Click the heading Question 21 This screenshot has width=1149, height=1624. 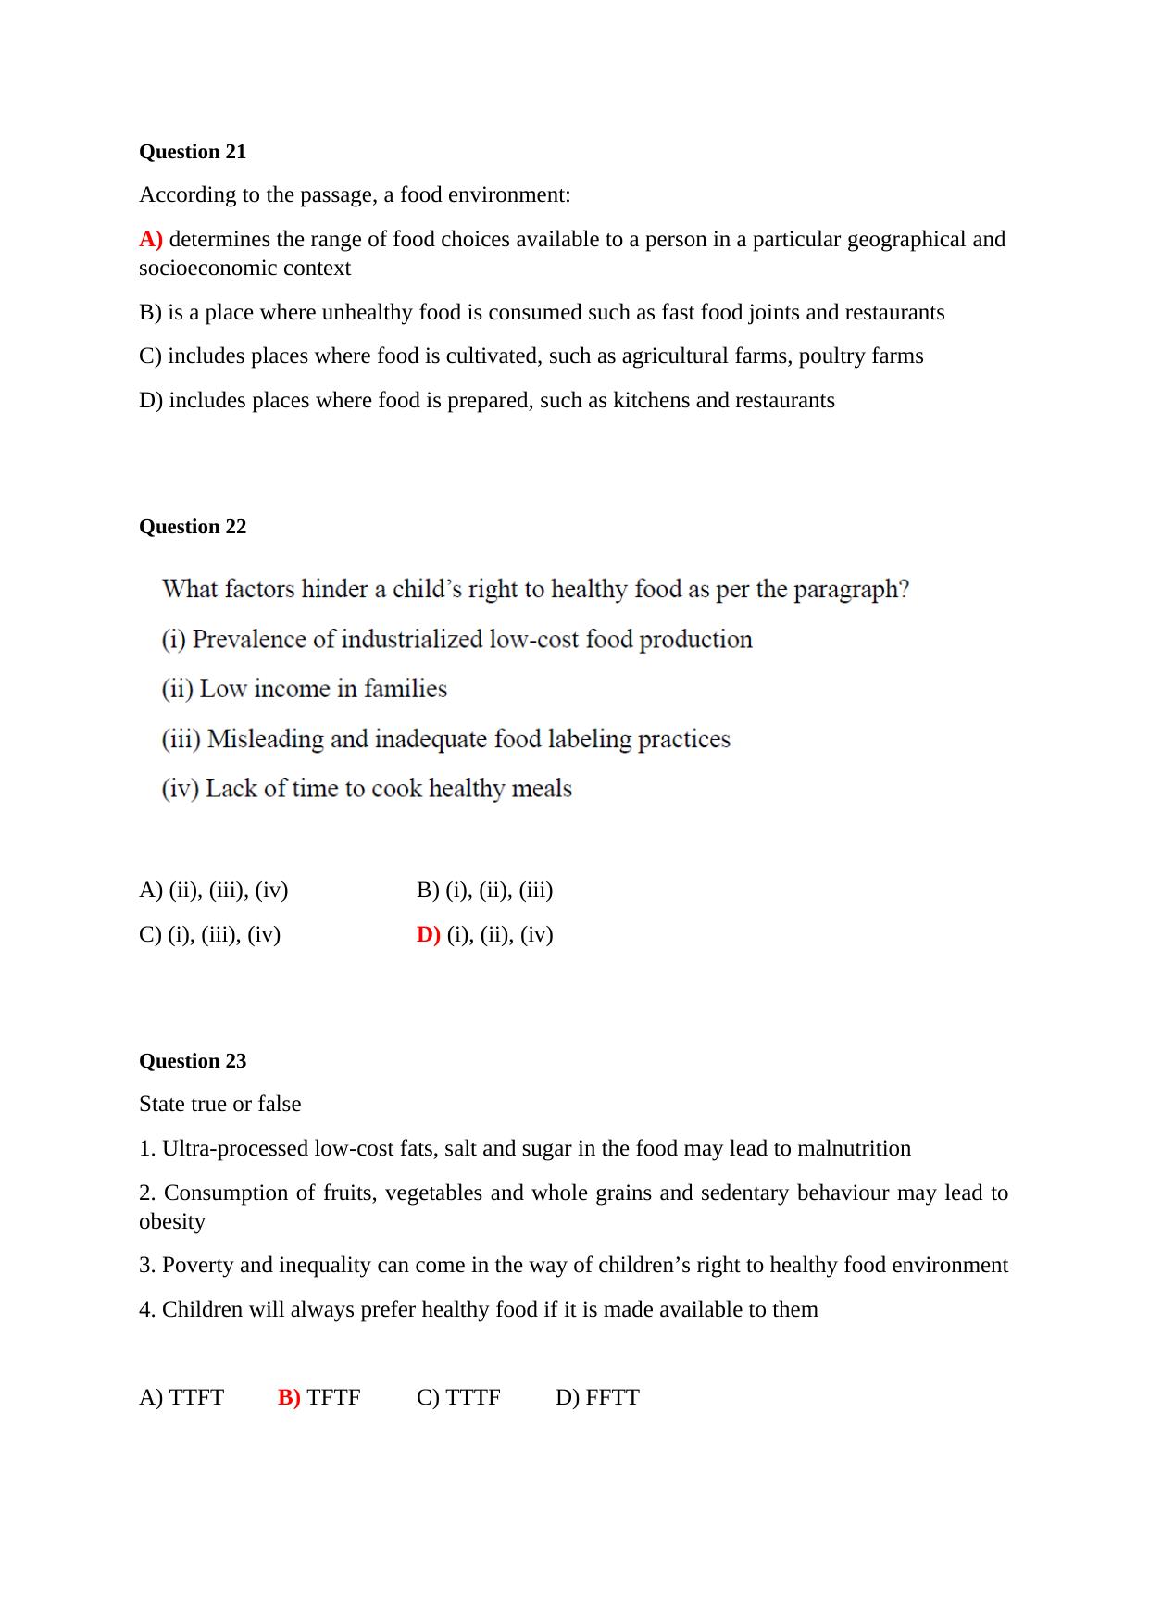[x=193, y=152]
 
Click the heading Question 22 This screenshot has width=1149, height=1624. [x=193, y=527]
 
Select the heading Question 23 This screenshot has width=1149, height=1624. [x=193, y=1061]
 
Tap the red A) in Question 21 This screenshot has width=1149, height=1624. [x=151, y=239]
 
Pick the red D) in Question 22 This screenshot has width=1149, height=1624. [x=429, y=934]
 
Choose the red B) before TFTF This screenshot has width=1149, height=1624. [x=289, y=1397]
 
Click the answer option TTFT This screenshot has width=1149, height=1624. [x=196, y=1397]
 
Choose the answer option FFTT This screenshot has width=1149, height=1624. [x=612, y=1397]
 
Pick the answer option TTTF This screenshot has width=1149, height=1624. [x=472, y=1397]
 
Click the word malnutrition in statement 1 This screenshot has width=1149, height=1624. [x=854, y=1149]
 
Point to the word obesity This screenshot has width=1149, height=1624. [x=172, y=1222]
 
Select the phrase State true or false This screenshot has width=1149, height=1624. [x=220, y=1105]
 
